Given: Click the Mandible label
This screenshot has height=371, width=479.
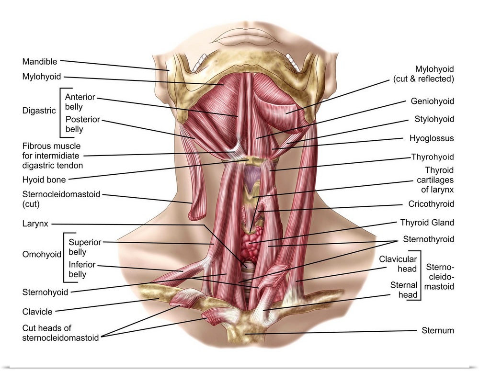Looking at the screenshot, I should coord(40,62).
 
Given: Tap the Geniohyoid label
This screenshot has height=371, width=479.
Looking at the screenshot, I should coord(432,101).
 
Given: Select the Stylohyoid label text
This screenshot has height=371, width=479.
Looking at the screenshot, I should coord(434,119).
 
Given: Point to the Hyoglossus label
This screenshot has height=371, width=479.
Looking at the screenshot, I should coord(432,138).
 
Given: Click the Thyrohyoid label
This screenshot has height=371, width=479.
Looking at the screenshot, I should coord(432,157).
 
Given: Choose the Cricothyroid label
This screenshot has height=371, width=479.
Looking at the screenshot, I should coord(431,204).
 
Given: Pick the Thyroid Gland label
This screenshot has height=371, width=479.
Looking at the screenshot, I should coord(427,223).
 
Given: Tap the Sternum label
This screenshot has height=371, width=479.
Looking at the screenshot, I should coord(437,330).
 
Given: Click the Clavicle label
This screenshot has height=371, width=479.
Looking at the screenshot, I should coord(37,312).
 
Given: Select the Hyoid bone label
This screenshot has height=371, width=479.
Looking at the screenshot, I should coord(44,180).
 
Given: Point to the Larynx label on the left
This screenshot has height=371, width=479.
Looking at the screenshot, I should coord(34,223).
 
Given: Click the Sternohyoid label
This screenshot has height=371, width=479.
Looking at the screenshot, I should coord(45,292).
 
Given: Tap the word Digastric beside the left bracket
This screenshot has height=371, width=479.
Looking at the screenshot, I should coord(38,111).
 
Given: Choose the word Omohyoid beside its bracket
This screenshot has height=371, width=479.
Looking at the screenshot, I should coord(42,255).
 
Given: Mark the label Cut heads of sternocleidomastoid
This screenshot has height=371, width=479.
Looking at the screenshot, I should coord(60,333).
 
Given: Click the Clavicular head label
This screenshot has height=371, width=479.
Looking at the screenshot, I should coord(398,264).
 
